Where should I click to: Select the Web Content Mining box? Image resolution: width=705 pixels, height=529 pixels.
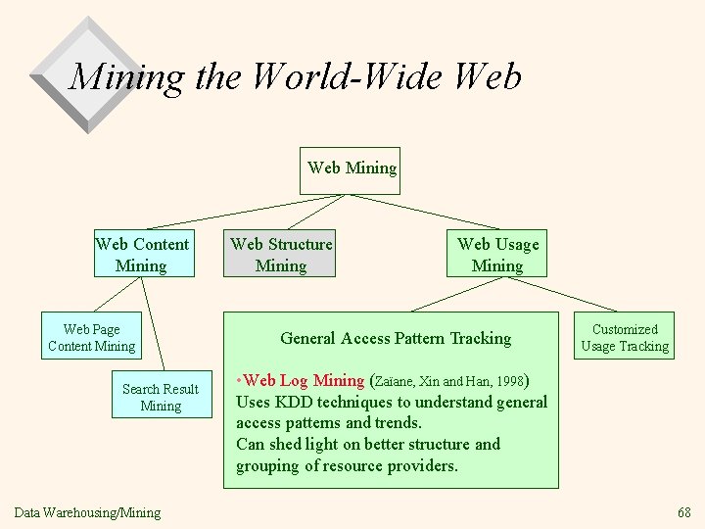pyautogui.click(x=142, y=254)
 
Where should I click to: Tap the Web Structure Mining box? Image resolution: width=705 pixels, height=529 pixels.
pyautogui.click(x=280, y=254)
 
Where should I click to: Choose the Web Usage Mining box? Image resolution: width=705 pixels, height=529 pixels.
pyautogui.click(x=497, y=254)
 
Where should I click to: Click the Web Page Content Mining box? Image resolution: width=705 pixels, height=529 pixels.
pyautogui.click(x=91, y=337)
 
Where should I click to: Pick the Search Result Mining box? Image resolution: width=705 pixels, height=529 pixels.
pyautogui.click(x=161, y=397)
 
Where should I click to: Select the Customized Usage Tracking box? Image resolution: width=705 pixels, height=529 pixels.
pyautogui.click(x=625, y=337)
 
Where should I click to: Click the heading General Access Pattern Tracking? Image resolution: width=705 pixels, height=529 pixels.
pyautogui.click(x=396, y=338)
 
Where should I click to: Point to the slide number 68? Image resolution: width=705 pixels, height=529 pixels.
pyautogui.click(x=683, y=512)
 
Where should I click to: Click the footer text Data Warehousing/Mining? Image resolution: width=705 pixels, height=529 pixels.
pyautogui.click(x=87, y=512)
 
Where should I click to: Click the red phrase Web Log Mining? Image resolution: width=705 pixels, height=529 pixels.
pyautogui.click(x=304, y=380)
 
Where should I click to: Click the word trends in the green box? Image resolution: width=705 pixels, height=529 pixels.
pyautogui.click(x=399, y=423)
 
